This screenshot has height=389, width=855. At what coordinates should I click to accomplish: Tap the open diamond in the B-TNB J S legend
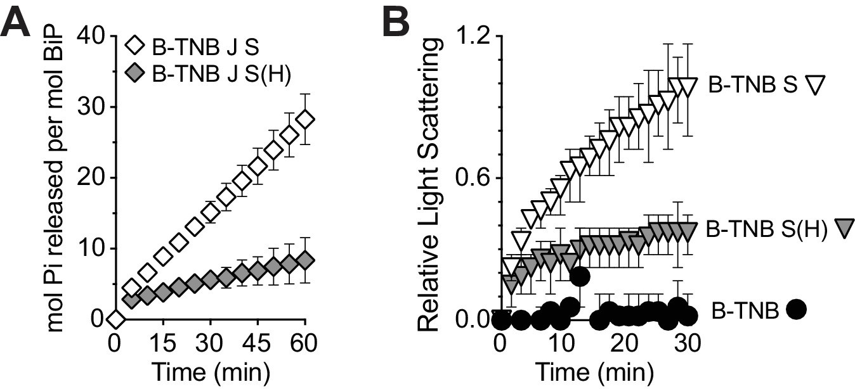[136, 47]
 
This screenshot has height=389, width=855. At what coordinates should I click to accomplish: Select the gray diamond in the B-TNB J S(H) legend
[136, 73]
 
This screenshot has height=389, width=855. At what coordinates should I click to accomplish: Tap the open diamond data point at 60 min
[306, 120]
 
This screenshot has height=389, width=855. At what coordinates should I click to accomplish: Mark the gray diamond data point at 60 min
[306, 261]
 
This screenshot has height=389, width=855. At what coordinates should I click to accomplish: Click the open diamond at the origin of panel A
[115, 319]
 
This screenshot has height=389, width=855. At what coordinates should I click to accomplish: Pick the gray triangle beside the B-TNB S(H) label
[844, 227]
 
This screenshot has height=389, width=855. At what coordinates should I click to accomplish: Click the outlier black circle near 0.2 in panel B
[579, 276]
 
